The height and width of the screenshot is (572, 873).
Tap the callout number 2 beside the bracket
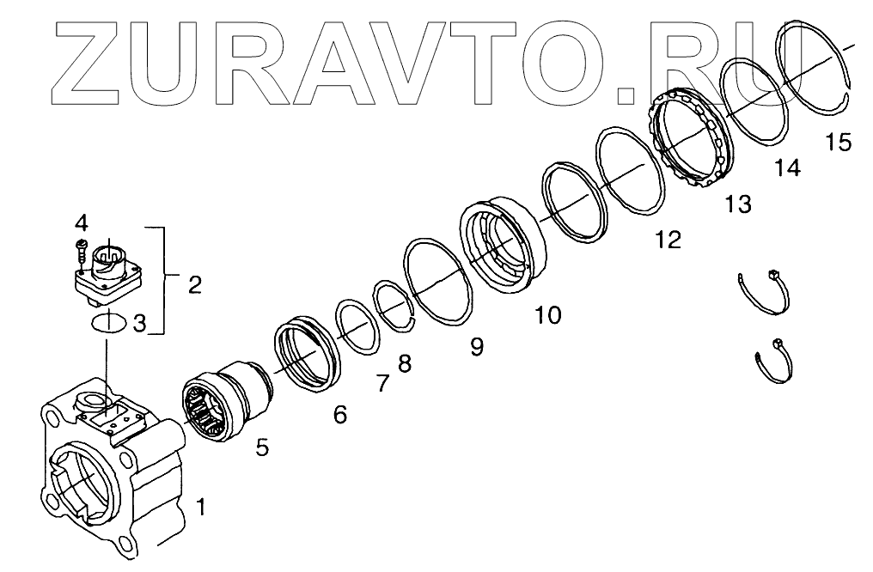[195, 284]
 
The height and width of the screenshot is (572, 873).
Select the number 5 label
[262, 447]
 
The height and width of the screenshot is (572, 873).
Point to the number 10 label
[547, 315]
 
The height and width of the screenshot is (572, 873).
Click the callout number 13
[737, 204]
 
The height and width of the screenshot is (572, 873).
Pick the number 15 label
[838, 142]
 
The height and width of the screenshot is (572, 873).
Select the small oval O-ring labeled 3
[109, 323]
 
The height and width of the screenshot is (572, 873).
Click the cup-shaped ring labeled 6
[307, 354]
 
